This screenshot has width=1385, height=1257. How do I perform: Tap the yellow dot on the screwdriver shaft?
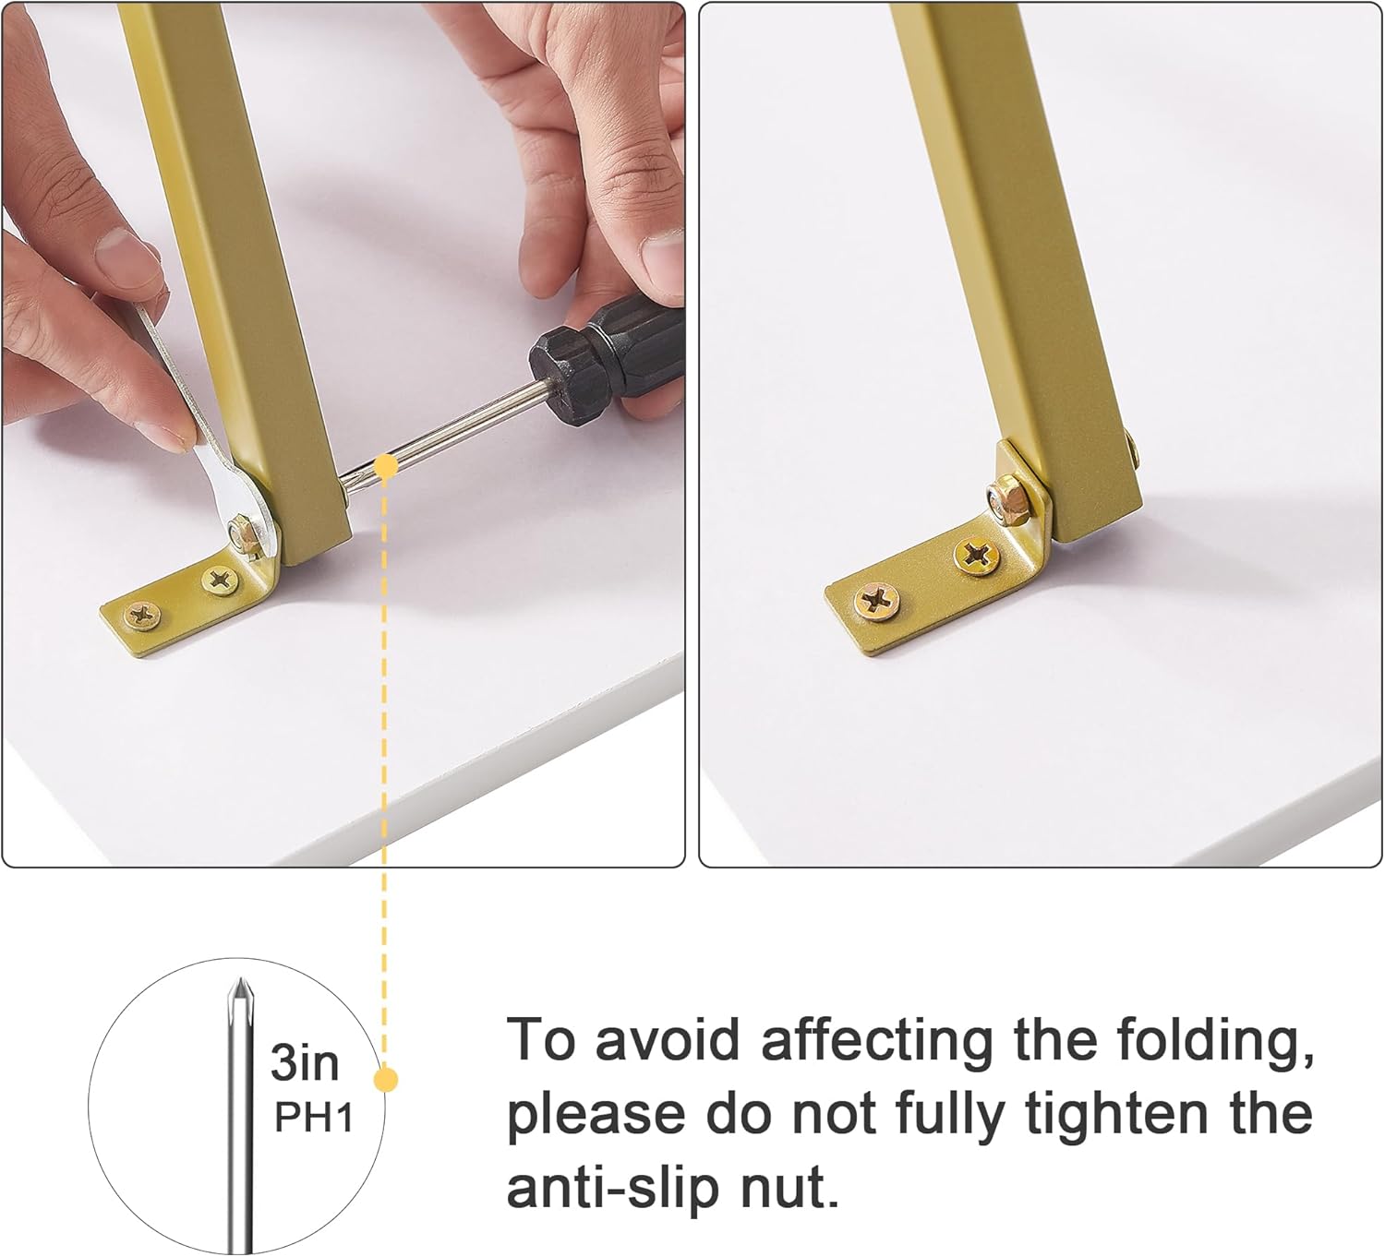387,467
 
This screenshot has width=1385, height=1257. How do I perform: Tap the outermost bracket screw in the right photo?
877,602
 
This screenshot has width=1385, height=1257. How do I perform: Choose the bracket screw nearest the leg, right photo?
976,555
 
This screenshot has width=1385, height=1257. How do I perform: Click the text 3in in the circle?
305,1064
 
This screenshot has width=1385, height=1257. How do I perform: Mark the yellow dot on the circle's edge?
386,1079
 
